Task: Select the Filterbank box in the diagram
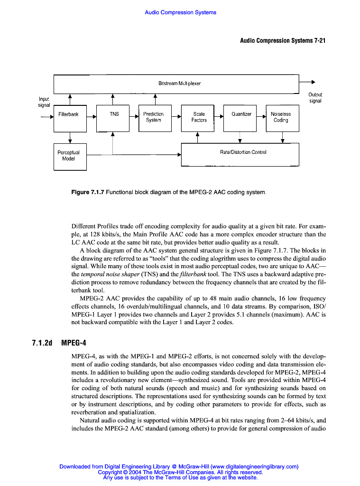[70, 118]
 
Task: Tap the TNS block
[113, 118]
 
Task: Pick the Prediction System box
[155, 118]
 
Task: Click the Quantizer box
[240, 118]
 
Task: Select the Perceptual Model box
[70, 156]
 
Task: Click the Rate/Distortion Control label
[243, 152]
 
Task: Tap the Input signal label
[44, 102]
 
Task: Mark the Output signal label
[315, 98]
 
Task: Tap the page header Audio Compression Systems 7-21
[282, 40]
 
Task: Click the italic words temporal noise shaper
[111, 274]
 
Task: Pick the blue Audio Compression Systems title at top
[180, 12]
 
